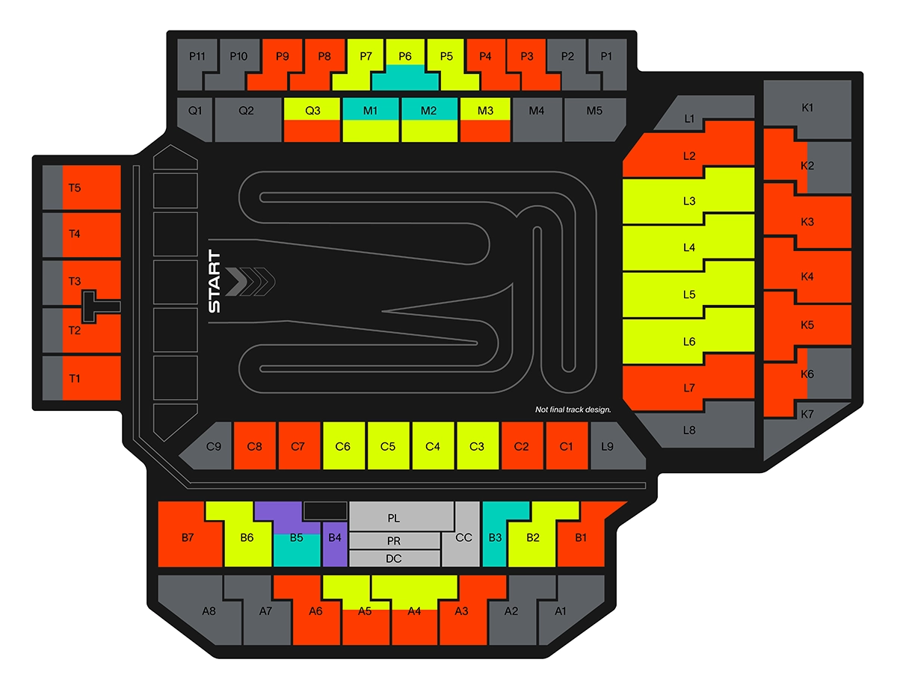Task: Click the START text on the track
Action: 214,281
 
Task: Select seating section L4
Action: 688,247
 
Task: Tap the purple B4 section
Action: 335,537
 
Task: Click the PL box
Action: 394,517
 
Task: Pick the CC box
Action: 463,537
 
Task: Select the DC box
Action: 394,558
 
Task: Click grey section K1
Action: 807,108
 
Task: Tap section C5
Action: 387,446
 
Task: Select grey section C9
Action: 212,448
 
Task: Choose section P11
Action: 196,57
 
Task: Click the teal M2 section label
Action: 428,111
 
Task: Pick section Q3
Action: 312,111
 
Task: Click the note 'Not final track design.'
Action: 573,410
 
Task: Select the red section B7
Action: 188,536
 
